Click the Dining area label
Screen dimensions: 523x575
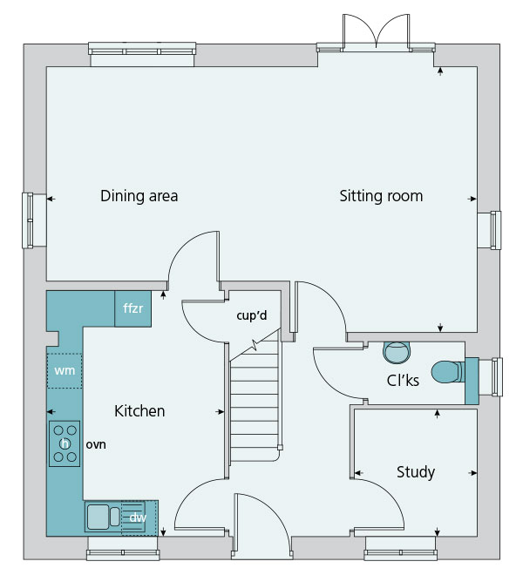pyautogui.click(x=139, y=196)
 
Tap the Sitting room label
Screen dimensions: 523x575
pyautogui.click(x=381, y=196)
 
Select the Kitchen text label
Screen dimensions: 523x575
pyautogui.click(x=139, y=411)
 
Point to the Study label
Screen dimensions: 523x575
pyautogui.click(x=416, y=472)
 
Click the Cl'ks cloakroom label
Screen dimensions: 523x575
pyautogui.click(x=403, y=380)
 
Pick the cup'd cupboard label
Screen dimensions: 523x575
pyautogui.click(x=252, y=315)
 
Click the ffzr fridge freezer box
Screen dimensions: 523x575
pyautogui.click(x=132, y=308)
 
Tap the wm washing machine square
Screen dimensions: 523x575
pyautogui.click(x=65, y=371)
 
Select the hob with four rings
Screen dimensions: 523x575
pyautogui.click(x=65, y=443)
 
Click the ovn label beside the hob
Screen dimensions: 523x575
pyautogui.click(x=96, y=445)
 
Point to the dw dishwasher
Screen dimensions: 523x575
pyautogui.click(x=139, y=517)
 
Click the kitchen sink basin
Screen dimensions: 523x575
pyautogui.click(x=98, y=517)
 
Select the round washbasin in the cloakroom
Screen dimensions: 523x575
pyautogui.click(x=397, y=353)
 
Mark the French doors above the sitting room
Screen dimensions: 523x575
pyautogui.click(x=376, y=32)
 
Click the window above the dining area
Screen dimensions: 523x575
pyautogui.click(x=142, y=54)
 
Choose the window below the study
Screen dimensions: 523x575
pyautogui.click(x=401, y=548)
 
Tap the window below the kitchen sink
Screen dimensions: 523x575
pyautogui.click(x=123, y=548)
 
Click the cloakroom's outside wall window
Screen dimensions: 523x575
pyautogui.click(x=490, y=377)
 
